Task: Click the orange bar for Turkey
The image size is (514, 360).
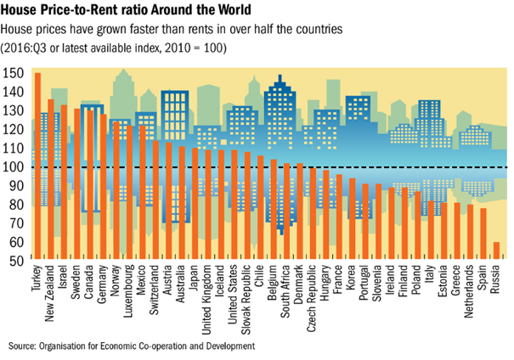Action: (37, 166)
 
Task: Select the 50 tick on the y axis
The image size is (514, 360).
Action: (18, 261)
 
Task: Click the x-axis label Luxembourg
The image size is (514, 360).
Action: (129, 294)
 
